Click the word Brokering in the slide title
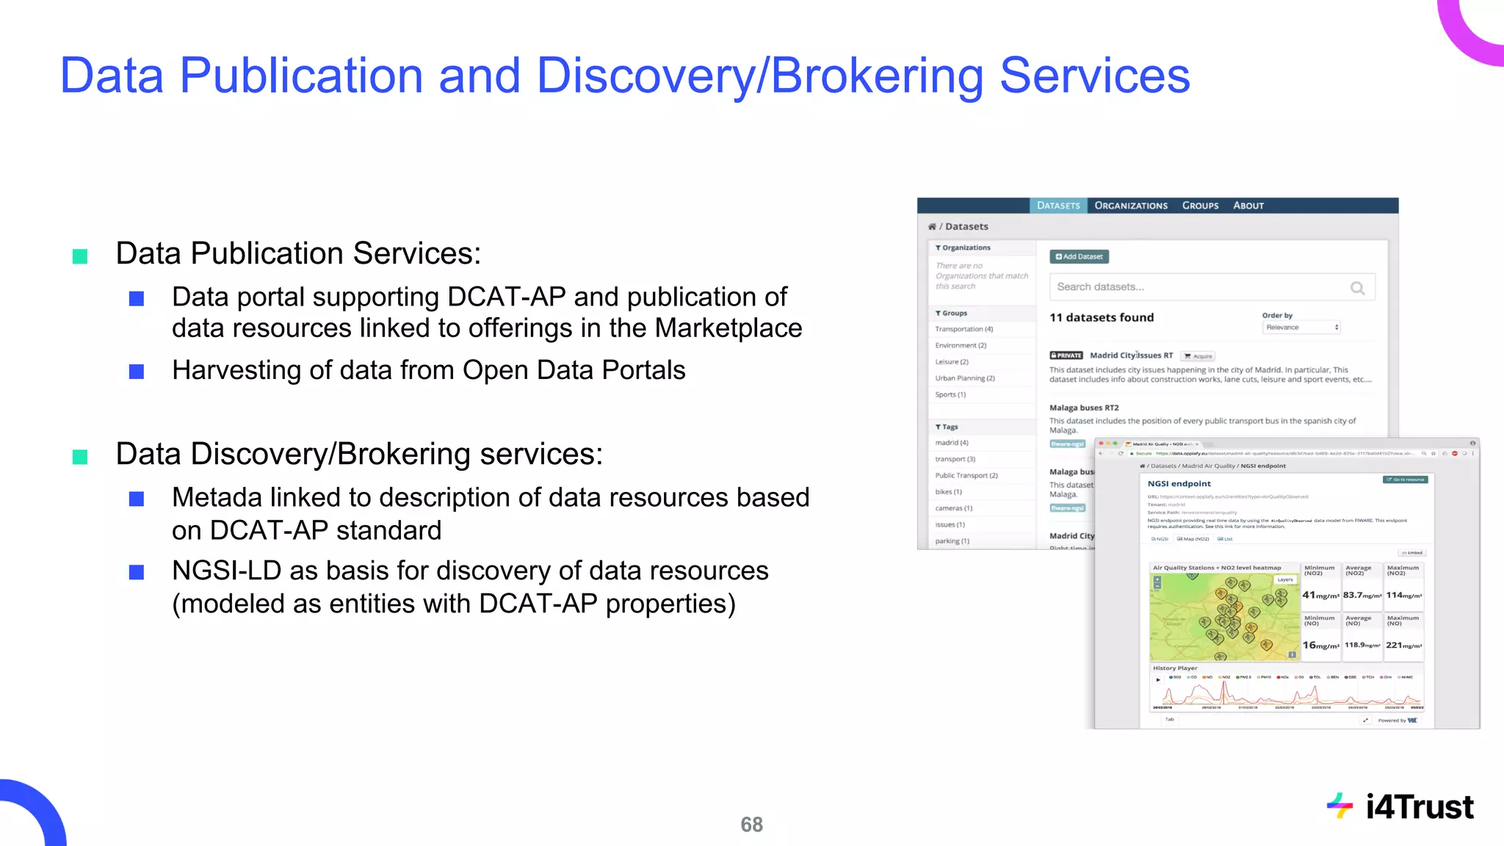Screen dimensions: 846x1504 pyautogui.click(x=877, y=76)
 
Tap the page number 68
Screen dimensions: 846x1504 pyautogui.click(x=751, y=825)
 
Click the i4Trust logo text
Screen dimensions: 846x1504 pyautogui.click(x=1419, y=807)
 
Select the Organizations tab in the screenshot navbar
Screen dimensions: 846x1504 pyautogui.click(x=1130, y=206)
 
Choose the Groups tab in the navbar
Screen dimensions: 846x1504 pyautogui.click(x=1200, y=206)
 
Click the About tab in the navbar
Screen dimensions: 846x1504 pyautogui.click(x=1248, y=206)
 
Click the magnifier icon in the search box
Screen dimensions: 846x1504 pyautogui.click(x=1357, y=288)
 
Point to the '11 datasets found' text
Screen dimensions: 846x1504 pyautogui.click(x=1101, y=317)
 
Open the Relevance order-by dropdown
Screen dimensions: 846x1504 pyautogui.click(x=1301, y=328)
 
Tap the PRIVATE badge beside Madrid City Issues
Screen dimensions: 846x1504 pyautogui.click(x=1066, y=355)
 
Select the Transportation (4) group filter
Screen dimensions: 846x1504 pyautogui.click(x=963, y=329)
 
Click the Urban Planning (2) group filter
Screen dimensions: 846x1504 pyautogui.click(x=964, y=378)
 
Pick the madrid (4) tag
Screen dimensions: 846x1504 pyautogui.click(x=952, y=443)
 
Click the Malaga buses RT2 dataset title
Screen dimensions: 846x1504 pyautogui.click(x=1084, y=408)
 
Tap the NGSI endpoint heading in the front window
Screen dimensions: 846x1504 pyautogui.click(x=1179, y=484)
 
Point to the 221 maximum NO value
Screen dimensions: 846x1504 pyautogui.click(x=1403, y=645)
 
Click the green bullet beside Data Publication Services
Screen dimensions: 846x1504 pyautogui.click(x=80, y=256)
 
